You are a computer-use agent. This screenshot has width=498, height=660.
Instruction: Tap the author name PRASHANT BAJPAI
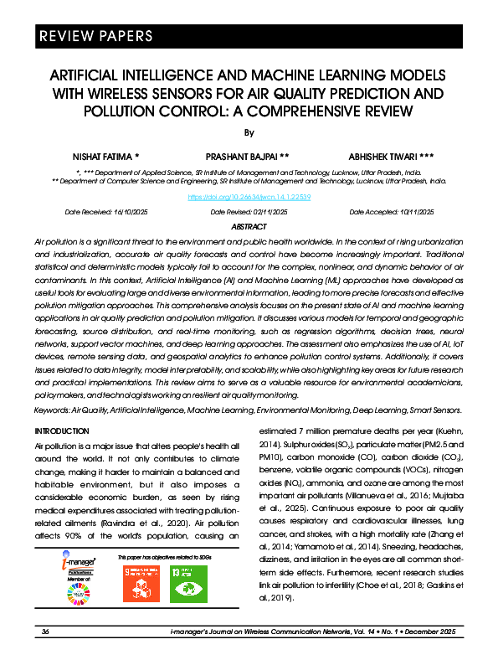click(x=248, y=157)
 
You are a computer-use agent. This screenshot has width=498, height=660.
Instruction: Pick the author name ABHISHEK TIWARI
click(x=390, y=157)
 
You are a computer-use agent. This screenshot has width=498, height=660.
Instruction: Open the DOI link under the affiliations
click(x=249, y=197)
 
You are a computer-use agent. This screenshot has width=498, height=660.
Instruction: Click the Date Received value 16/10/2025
click(x=127, y=212)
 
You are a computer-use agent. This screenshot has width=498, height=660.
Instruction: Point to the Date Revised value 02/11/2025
click(x=264, y=212)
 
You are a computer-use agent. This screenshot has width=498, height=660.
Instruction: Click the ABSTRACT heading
click(x=249, y=227)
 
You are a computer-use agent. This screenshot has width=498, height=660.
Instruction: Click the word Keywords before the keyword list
click(x=52, y=410)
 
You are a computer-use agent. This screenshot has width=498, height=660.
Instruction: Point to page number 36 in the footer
click(x=46, y=631)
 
